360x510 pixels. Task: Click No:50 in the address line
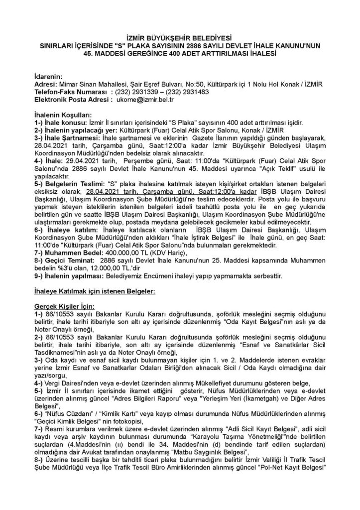pos(191,84)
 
